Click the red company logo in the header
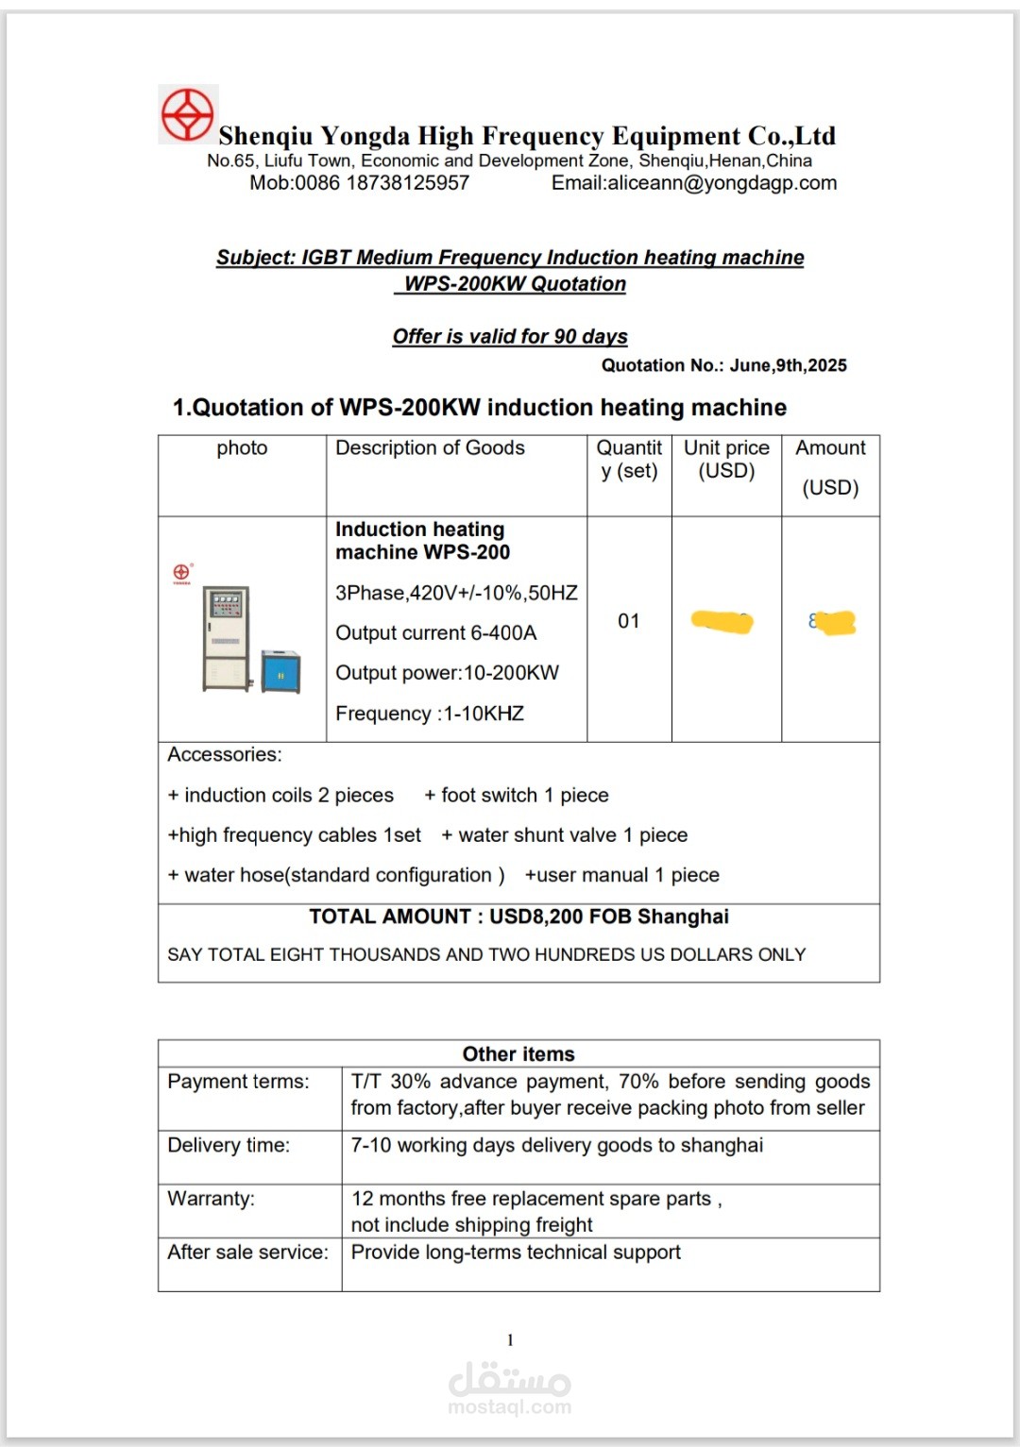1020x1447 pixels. tap(188, 115)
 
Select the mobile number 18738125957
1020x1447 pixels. tap(407, 183)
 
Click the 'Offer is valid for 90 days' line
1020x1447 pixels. tap(510, 337)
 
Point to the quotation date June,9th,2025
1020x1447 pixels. tap(788, 365)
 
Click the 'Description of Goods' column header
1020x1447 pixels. tap(430, 448)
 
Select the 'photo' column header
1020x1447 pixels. tap(242, 448)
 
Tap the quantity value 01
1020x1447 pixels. tap(629, 621)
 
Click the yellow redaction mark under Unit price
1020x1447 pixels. tap(722, 622)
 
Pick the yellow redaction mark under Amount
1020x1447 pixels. tap(833, 623)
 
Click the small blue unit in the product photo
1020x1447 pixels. tap(280, 672)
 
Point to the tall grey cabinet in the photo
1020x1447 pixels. tap(227, 638)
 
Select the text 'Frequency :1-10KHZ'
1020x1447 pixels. tap(430, 714)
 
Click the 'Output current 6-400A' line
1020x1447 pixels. tap(435, 633)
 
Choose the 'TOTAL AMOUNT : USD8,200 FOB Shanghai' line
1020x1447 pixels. tap(518, 917)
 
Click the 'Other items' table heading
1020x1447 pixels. tap(518, 1054)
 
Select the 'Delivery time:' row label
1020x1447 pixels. tap(229, 1146)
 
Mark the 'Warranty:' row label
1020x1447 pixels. tap(211, 1199)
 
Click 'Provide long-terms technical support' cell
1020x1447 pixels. tap(516, 1253)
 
